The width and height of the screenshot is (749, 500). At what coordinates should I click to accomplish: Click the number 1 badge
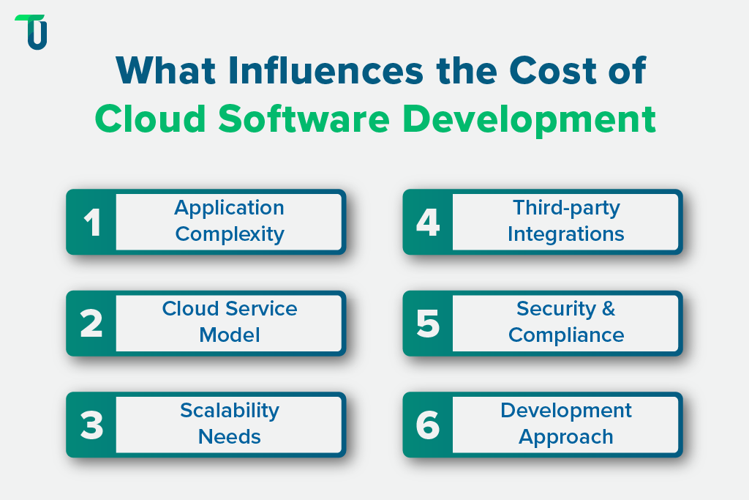tap(91, 223)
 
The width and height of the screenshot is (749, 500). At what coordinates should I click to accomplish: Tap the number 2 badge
tap(91, 324)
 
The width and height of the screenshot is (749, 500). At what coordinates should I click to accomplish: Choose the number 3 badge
tap(91, 425)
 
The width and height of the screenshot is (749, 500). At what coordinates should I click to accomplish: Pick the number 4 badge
tap(428, 223)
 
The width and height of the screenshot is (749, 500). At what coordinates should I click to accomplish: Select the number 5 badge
tap(428, 324)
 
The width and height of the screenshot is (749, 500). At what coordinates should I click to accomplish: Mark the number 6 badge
tap(428, 425)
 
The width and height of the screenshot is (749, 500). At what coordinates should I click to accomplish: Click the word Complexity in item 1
tap(230, 235)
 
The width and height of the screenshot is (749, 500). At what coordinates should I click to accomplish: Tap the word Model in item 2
tap(230, 335)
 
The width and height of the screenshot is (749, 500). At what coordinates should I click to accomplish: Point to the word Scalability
tap(230, 410)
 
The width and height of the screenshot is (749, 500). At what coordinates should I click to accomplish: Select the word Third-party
tap(566, 208)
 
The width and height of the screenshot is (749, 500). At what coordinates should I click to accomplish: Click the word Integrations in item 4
tap(566, 234)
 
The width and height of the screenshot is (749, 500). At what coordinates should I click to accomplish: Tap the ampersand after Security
tap(608, 309)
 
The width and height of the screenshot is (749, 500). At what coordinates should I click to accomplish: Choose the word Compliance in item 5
tap(566, 335)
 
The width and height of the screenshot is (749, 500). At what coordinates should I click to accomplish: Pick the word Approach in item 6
tap(566, 437)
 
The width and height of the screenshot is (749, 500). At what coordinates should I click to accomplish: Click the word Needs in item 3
tap(230, 436)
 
